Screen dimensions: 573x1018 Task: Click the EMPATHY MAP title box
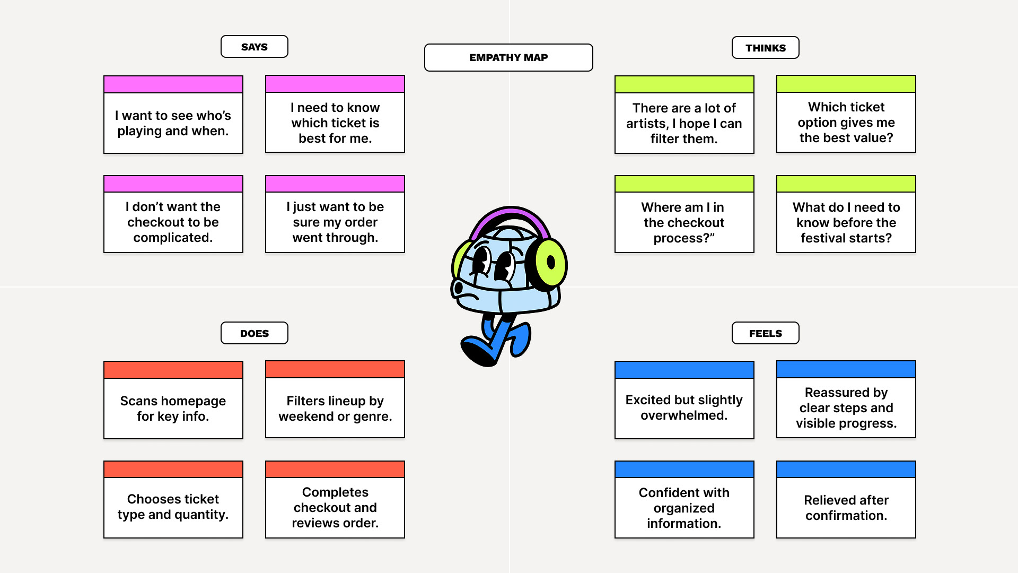[x=508, y=57]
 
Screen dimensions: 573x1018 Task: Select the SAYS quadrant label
[x=254, y=47]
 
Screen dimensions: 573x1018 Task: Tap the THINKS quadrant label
[x=765, y=48]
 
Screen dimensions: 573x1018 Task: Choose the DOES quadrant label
[x=254, y=333]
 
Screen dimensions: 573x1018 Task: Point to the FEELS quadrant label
[x=765, y=333]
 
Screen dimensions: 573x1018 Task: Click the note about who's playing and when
[x=173, y=123]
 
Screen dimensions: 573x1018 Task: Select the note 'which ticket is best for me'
[x=335, y=123]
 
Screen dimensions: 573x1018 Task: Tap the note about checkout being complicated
[x=173, y=222]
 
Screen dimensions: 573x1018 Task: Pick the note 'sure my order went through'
[x=335, y=222]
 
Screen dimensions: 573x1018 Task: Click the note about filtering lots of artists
[x=684, y=123]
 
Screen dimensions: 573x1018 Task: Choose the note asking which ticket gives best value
[x=846, y=122]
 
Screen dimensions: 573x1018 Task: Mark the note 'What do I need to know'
[x=846, y=222]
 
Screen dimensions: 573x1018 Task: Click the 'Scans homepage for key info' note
[x=173, y=408]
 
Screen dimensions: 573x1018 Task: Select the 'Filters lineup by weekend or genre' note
[x=335, y=408]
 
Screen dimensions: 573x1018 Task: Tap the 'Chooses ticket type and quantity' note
[x=173, y=507]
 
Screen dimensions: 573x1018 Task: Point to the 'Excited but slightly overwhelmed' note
[x=684, y=407]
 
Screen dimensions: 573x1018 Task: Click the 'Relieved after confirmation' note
[x=846, y=507]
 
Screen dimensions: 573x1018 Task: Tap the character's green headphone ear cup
[x=550, y=263]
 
